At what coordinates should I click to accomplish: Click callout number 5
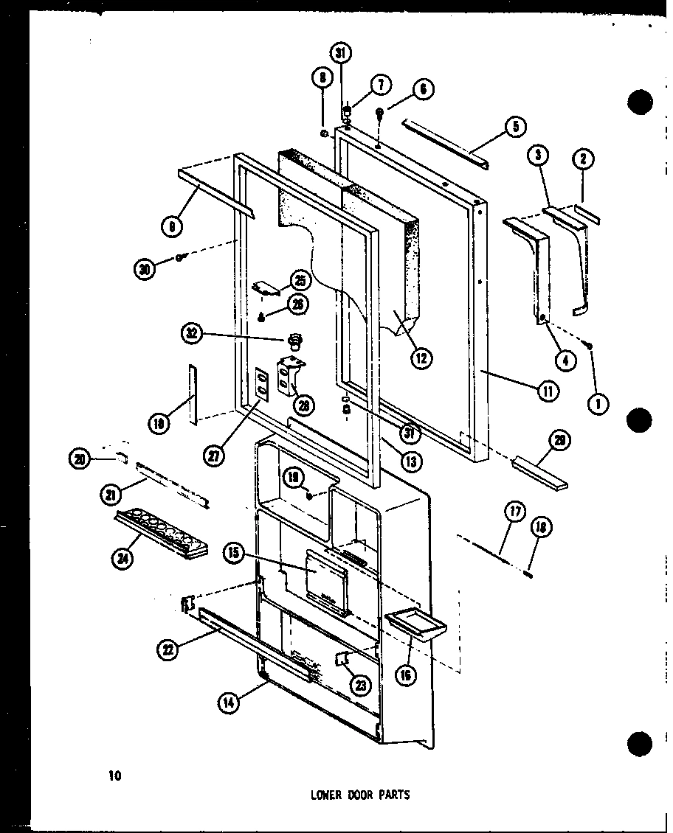point(515,128)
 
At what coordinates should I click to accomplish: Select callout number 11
point(547,391)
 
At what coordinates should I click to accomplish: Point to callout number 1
point(598,403)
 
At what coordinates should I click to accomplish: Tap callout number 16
point(405,674)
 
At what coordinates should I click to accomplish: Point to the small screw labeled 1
point(590,345)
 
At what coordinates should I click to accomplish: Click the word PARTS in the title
point(393,795)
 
